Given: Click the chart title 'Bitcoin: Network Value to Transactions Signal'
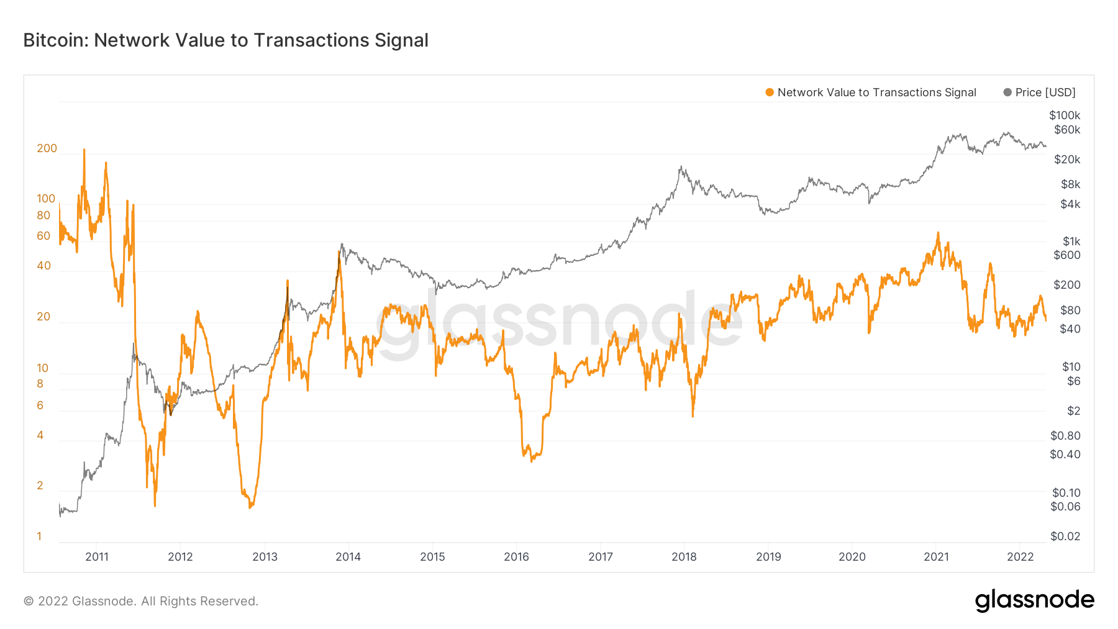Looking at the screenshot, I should point(225,40).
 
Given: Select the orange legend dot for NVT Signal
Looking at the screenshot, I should point(770,93).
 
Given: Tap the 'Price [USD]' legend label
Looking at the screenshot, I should point(1045,93).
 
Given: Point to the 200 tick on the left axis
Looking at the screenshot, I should point(47,148).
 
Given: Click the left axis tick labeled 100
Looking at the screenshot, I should point(46,199).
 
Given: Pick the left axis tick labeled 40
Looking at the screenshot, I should point(43,266).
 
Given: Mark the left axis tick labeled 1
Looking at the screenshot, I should point(39,536).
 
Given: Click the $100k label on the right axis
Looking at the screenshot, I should point(1065,115).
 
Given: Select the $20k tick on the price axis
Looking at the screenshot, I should point(1067,160).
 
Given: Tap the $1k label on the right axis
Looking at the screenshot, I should point(1071,242).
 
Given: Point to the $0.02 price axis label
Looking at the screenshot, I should point(1065,536).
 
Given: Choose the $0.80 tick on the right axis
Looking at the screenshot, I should point(1065,436).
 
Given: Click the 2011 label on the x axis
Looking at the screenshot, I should point(97,557).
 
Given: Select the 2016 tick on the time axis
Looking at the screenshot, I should point(516,557).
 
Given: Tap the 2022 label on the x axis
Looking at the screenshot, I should point(1020,557).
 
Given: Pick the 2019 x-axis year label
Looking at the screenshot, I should point(768,557).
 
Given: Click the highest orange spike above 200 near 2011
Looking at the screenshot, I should point(84,150).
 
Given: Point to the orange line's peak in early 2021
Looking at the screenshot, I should point(938,233).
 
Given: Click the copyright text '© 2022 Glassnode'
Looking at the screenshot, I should point(140,601).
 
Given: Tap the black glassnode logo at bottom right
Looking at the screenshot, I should point(1034,600).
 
